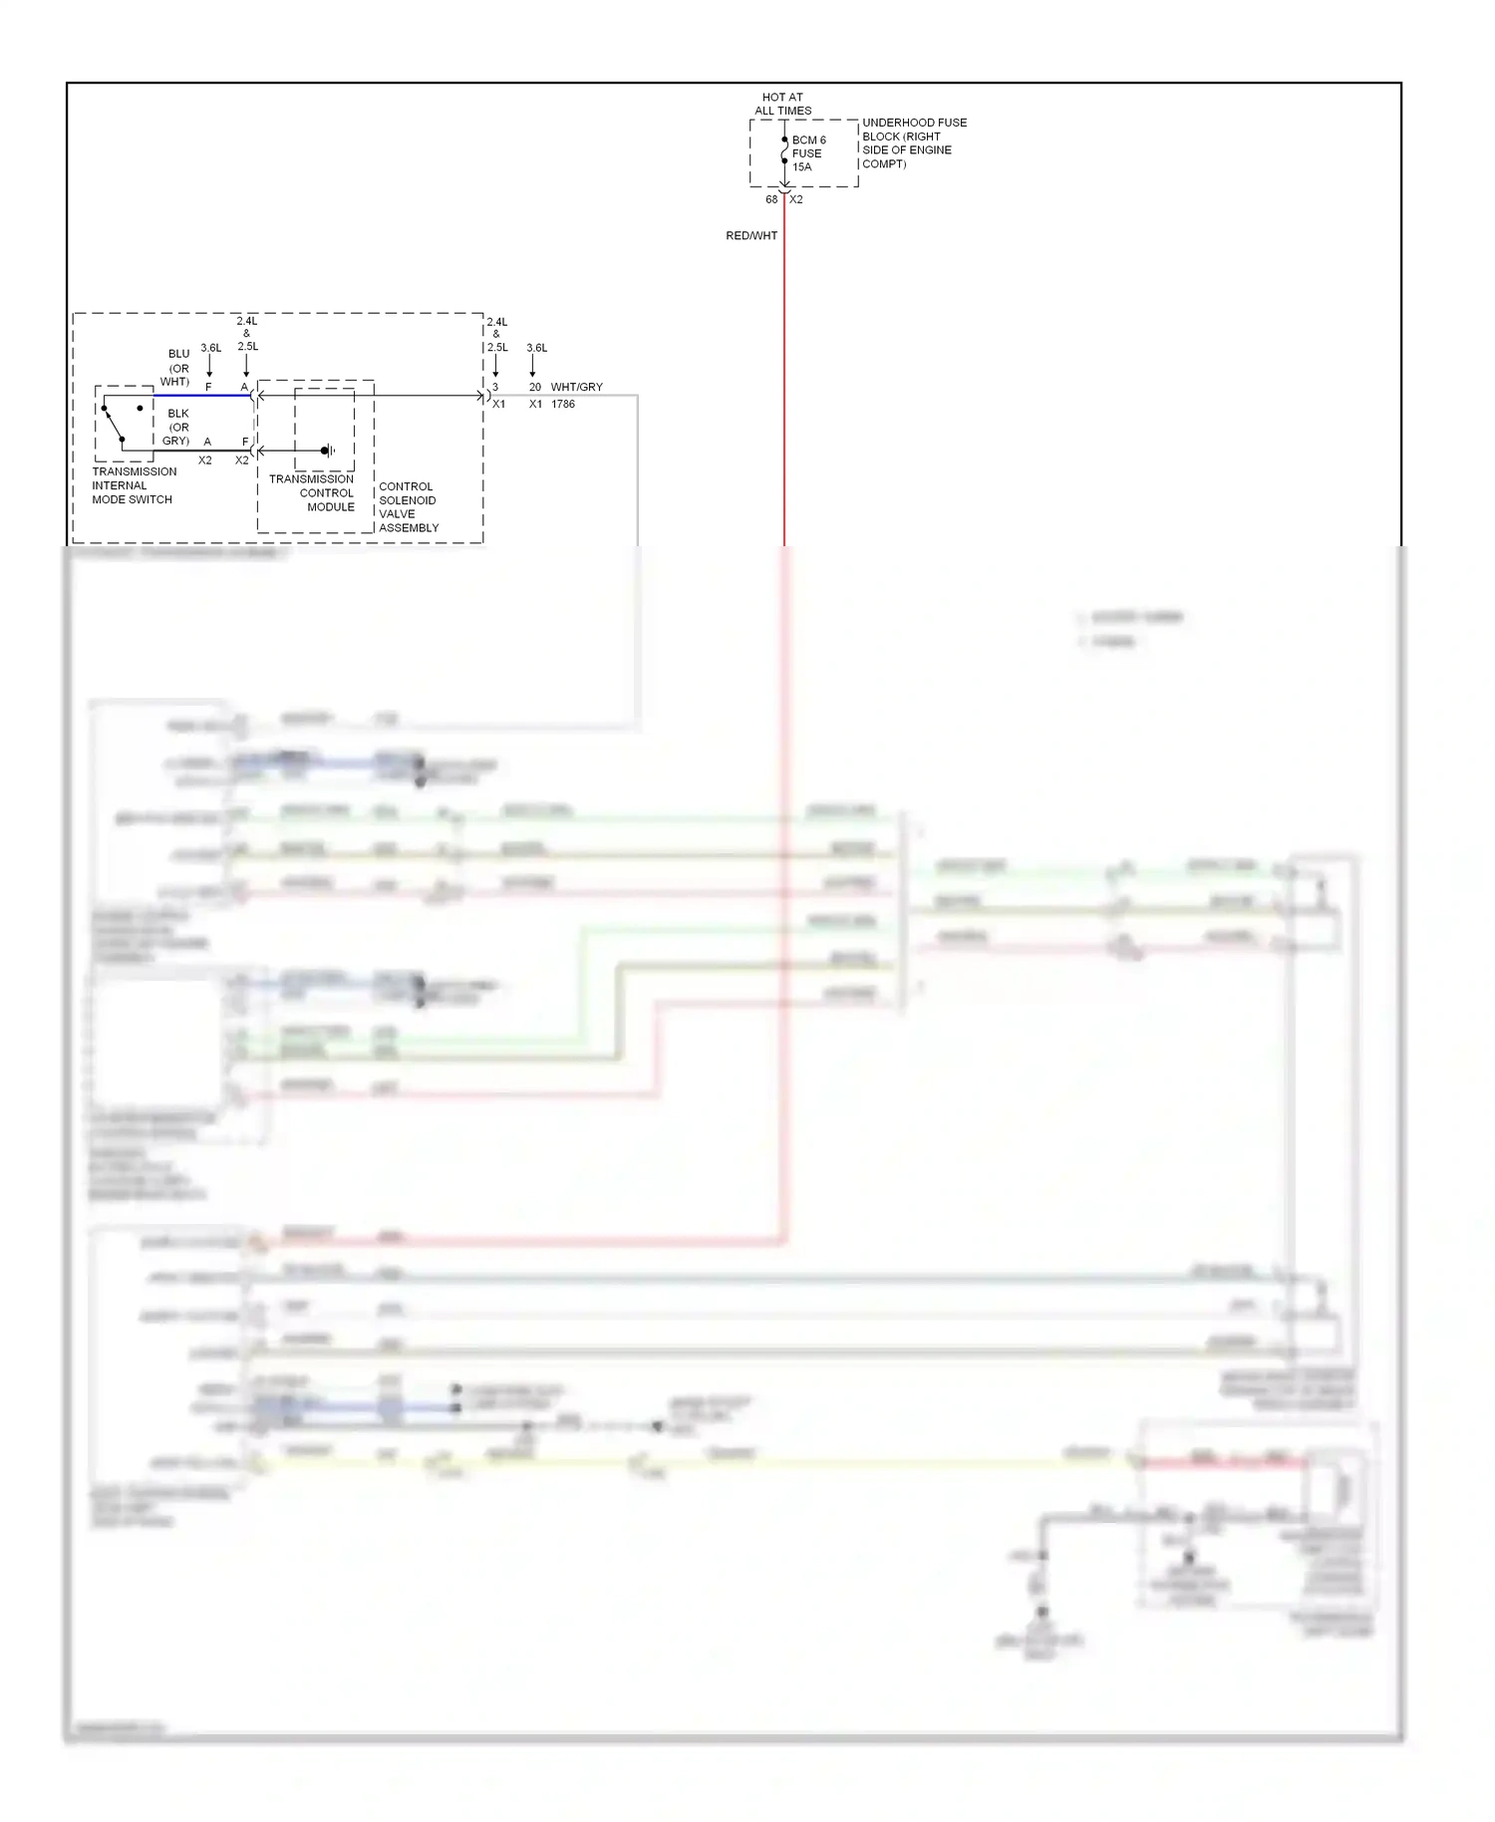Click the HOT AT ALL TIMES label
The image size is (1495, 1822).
(782, 104)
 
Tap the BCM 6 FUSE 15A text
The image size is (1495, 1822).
(808, 153)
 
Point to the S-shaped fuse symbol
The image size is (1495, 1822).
(784, 152)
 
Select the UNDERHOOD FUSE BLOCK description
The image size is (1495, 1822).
(913, 143)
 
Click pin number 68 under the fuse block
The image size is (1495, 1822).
(771, 199)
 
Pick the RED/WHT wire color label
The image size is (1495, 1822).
(751, 236)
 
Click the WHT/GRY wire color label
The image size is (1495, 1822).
(576, 387)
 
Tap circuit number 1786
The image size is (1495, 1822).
(563, 404)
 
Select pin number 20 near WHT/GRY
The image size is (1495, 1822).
(535, 387)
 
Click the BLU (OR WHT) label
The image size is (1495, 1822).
(176, 368)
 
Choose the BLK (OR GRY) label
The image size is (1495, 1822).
(176, 427)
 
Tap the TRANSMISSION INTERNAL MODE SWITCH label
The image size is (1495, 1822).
(134, 485)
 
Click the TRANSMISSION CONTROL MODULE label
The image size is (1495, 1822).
(313, 492)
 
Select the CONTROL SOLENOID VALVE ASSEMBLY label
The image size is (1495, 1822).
(408, 507)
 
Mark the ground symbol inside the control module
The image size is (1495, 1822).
(328, 451)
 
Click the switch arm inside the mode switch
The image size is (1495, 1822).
(113, 423)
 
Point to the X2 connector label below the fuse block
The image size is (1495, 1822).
(796, 199)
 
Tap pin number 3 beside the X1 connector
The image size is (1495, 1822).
(495, 387)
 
